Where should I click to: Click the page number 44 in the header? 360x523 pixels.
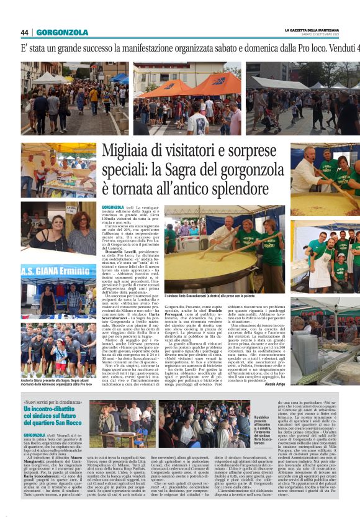[25, 32]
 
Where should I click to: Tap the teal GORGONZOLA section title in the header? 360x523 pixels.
[62, 32]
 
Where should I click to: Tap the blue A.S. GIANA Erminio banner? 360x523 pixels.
[58, 271]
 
